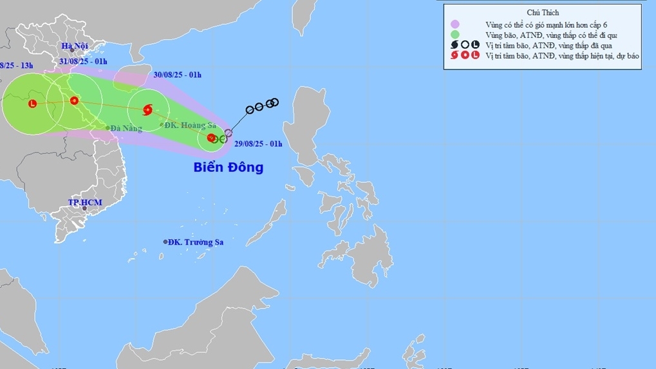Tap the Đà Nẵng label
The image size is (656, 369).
pos(126,129)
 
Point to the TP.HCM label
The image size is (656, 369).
pos(85,202)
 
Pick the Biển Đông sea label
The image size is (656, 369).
pos(229,167)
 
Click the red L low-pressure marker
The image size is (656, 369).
pos(32,103)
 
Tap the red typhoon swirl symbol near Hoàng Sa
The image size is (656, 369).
pos(147,110)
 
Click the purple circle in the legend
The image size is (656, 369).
pos(455,24)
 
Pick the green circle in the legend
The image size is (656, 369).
pos(455,35)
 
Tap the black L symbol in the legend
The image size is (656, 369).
pos(475,45)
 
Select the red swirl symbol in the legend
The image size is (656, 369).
pos(455,55)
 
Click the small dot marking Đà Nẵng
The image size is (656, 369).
pos(108,128)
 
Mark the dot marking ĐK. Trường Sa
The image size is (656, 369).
pos(165,242)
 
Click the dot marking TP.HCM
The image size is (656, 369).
pos(83,208)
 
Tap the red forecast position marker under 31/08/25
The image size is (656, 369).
pos(74,100)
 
